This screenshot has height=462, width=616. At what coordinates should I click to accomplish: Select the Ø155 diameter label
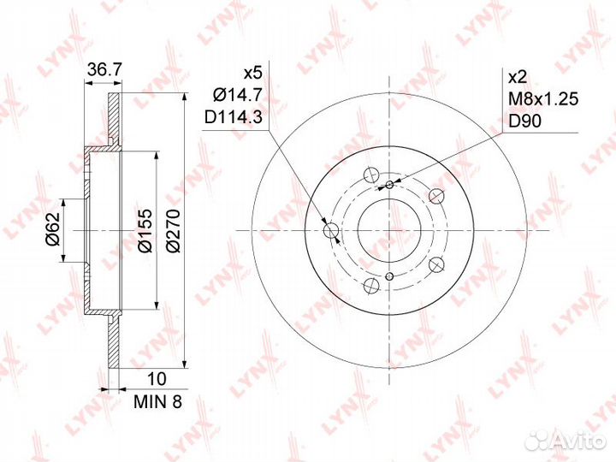[x=144, y=231]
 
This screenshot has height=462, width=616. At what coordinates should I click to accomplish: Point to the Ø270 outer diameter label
[x=173, y=231]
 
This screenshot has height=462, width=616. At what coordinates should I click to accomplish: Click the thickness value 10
[x=157, y=379]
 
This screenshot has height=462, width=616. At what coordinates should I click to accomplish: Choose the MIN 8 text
[x=158, y=401]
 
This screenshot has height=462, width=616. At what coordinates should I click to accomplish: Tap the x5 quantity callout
[x=252, y=73]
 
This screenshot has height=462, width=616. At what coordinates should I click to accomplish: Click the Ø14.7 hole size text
[x=237, y=95]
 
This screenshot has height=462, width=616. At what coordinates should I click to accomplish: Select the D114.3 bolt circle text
[x=234, y=117]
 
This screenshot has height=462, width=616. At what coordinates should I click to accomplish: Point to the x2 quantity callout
[x=518, y=77]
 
